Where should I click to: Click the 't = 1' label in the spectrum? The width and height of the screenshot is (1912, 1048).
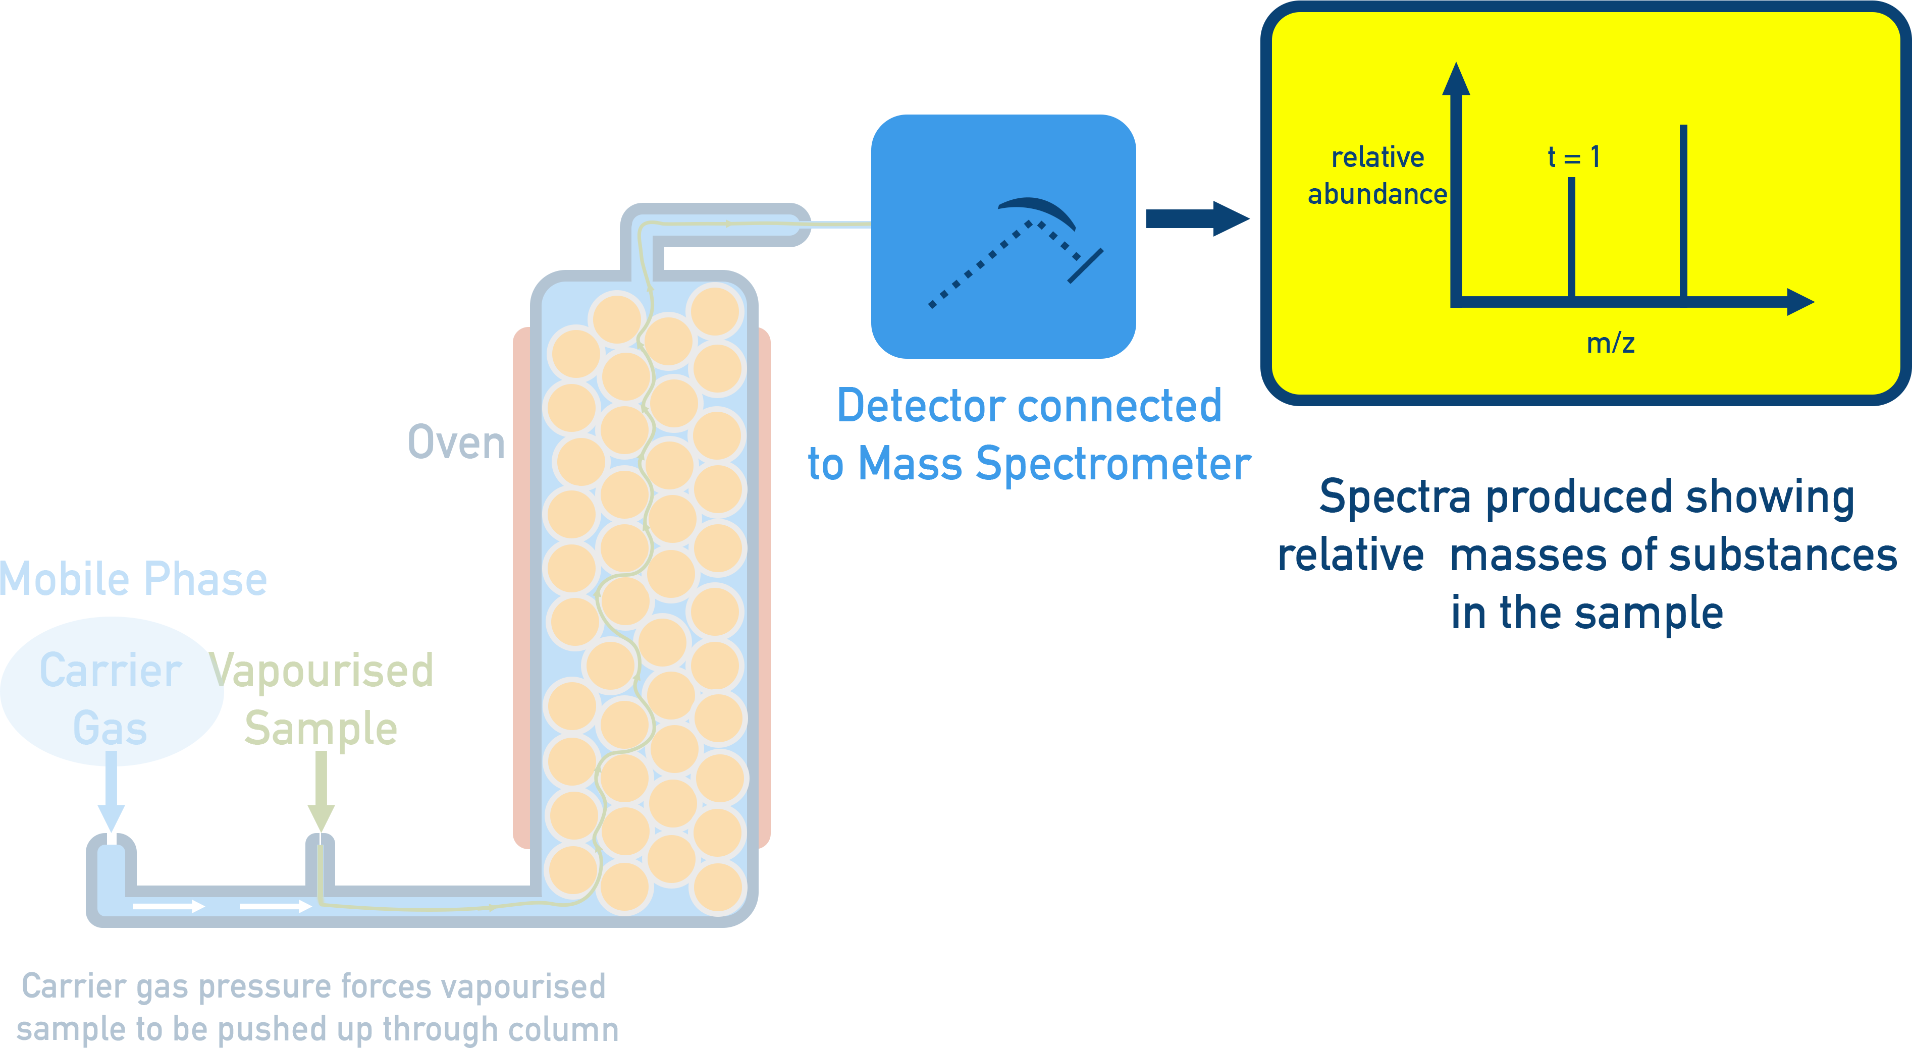point(1573,157)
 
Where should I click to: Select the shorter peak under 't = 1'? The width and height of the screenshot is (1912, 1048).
point(1571,238)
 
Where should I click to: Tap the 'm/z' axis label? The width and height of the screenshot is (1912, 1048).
point(1610,343)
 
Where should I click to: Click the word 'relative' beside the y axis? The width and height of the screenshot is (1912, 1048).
point(1377,157)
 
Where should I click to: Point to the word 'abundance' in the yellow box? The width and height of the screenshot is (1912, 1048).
point(1377,194)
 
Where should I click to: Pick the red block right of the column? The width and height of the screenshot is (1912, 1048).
point(820,594)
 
